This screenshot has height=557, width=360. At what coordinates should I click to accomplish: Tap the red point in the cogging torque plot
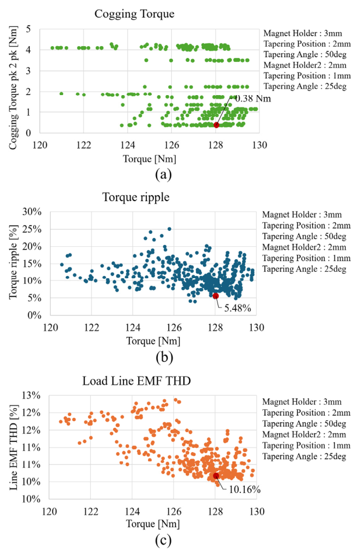point(216,125)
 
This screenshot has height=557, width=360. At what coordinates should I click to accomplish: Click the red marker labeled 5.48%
point(215,296)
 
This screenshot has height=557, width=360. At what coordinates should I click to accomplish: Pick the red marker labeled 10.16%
point(216,476)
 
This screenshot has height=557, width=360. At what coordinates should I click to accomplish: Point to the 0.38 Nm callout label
point(252,99)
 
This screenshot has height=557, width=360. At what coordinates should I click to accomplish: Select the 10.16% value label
point(244,490)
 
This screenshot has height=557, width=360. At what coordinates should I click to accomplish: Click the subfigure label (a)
point(163,174)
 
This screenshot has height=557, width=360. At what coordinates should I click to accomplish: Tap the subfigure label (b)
point(163,357)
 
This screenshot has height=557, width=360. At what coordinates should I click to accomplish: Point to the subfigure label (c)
point(163,541)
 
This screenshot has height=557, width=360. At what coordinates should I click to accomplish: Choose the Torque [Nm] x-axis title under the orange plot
point(153,525)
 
